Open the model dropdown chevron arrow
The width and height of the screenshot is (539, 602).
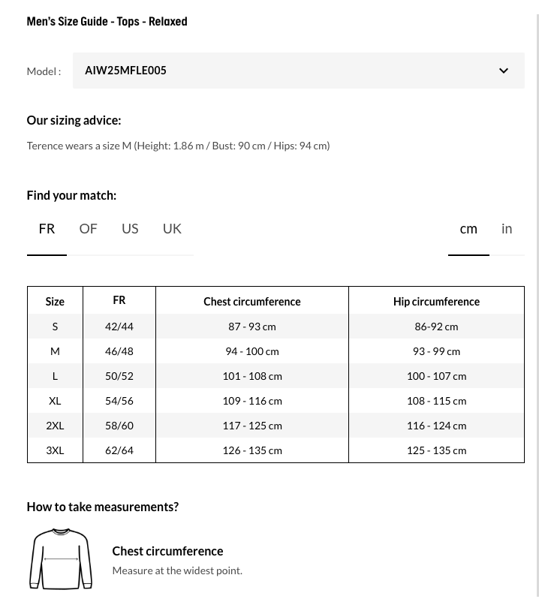coord(504,71)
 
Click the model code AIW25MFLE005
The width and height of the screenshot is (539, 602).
coord(125,71)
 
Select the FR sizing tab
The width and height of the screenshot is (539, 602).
coord(47,228)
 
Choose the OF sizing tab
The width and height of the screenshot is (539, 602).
coord(88,228)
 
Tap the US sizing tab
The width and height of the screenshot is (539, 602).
coord(130,228)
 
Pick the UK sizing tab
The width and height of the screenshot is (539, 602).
coord(172,228)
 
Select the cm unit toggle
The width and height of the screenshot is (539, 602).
coord(468,228)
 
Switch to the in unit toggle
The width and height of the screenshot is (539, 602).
coord(507,228)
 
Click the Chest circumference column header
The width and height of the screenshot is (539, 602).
coord(251,302)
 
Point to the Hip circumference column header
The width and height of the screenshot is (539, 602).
coord(436,302)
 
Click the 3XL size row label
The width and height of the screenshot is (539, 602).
coord(55,450)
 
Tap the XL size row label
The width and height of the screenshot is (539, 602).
coord(55,401)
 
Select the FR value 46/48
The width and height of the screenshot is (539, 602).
coord(119,351)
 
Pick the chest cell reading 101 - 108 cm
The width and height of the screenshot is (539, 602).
coord(252,376)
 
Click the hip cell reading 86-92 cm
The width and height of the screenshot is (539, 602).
coord(436,327)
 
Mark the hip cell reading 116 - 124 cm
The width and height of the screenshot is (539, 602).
coord(436,426)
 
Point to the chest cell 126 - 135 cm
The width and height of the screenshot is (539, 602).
coord(252,450)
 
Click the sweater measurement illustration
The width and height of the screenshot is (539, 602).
coord(61,559)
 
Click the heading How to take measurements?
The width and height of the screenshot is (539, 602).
coord(102,507)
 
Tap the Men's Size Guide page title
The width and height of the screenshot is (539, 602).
coord(107,22)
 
